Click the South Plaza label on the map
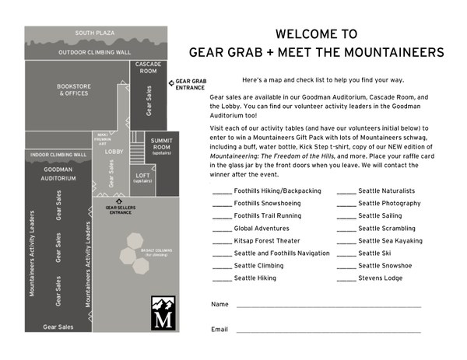[94, 33]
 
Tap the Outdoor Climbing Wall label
[94, 53]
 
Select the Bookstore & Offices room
[75, 89]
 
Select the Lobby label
[114, 152]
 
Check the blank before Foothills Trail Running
[221, 216]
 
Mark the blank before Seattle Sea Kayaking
[346, 241]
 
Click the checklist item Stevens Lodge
[381, 278]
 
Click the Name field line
[327, 306]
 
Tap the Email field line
[327, 331]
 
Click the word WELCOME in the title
[306, 34]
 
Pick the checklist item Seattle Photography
[389, 204]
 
